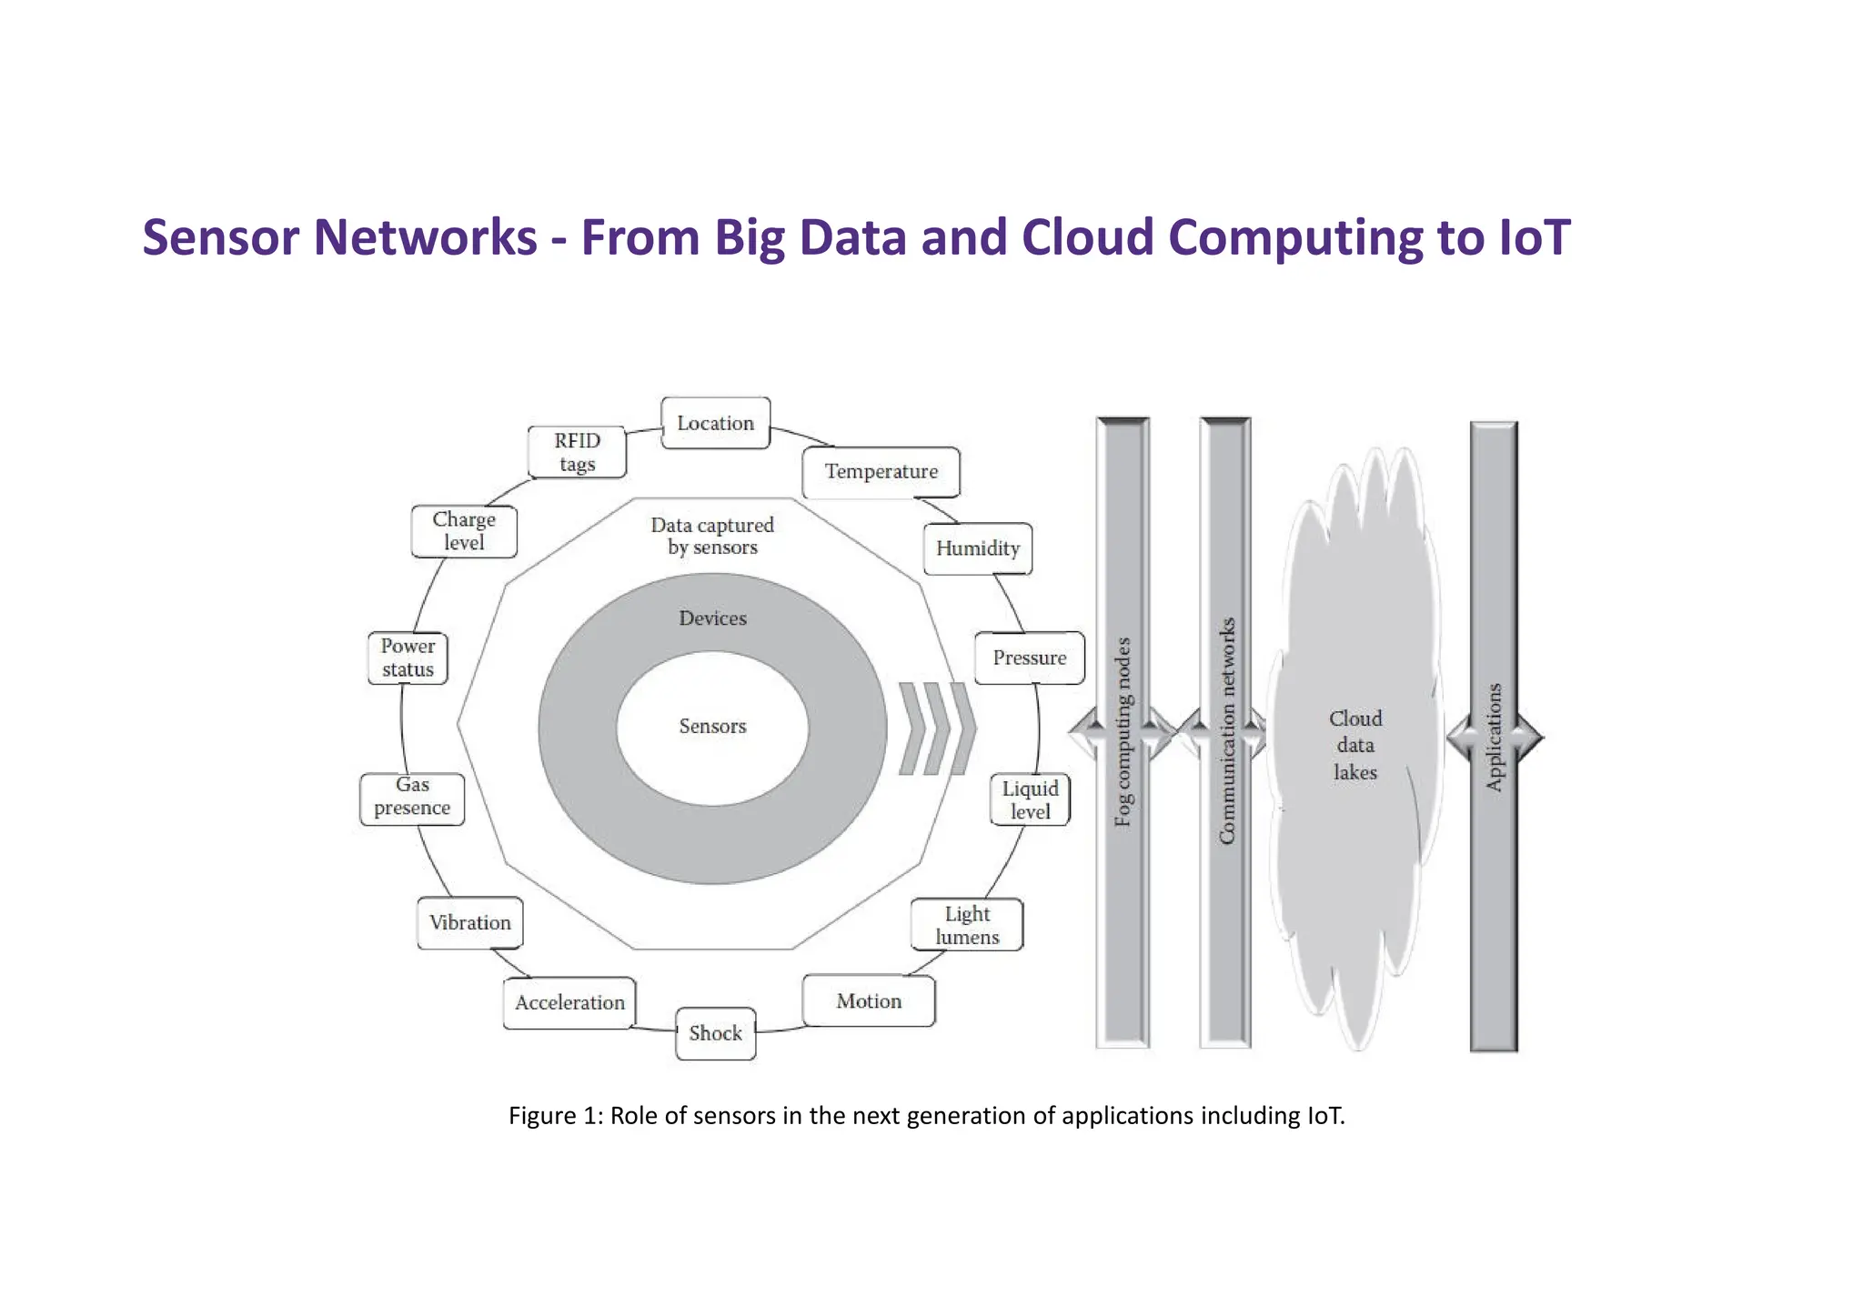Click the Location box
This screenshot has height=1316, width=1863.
[715, 423]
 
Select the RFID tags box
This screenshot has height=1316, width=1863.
[577, 452]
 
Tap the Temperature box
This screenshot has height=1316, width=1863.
[881, 472]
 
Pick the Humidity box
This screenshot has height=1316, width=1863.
[977, 548]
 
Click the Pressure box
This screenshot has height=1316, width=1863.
[1029, 658]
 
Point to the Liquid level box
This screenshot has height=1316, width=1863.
[1030, 799]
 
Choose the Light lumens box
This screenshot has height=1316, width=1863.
[966, 925]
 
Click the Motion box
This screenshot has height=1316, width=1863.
[869, 1001]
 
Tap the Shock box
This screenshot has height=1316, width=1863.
[715, 1033]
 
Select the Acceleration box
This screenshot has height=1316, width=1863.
[569, 1002]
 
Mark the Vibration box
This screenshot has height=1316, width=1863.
[469, 923]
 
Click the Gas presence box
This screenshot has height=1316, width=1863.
[412, 797]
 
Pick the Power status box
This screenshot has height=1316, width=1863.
[408, 658]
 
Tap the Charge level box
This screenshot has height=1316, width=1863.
[464, 531]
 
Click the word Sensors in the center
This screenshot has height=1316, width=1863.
[712, 726]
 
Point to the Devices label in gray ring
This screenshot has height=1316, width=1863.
[712, 618]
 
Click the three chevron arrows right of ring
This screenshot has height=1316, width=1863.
[937, 728]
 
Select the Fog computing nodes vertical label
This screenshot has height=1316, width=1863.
[1123, 732]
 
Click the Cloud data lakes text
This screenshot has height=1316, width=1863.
[1355, 745]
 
